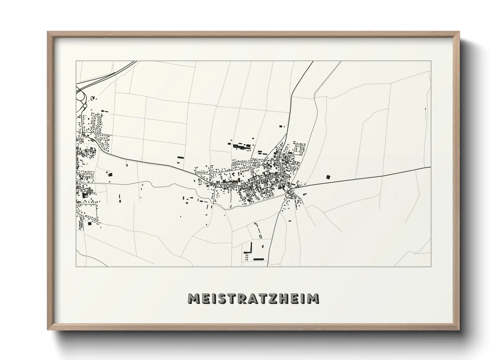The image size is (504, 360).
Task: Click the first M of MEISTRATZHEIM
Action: (x=193, y=298)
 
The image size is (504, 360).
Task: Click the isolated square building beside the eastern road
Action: (x=328, y=177)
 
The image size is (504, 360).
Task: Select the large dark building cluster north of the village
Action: (x=242, y=147)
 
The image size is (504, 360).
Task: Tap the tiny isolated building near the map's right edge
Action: (x=425, y=109)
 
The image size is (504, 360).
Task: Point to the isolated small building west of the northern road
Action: (x=281, y=126)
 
